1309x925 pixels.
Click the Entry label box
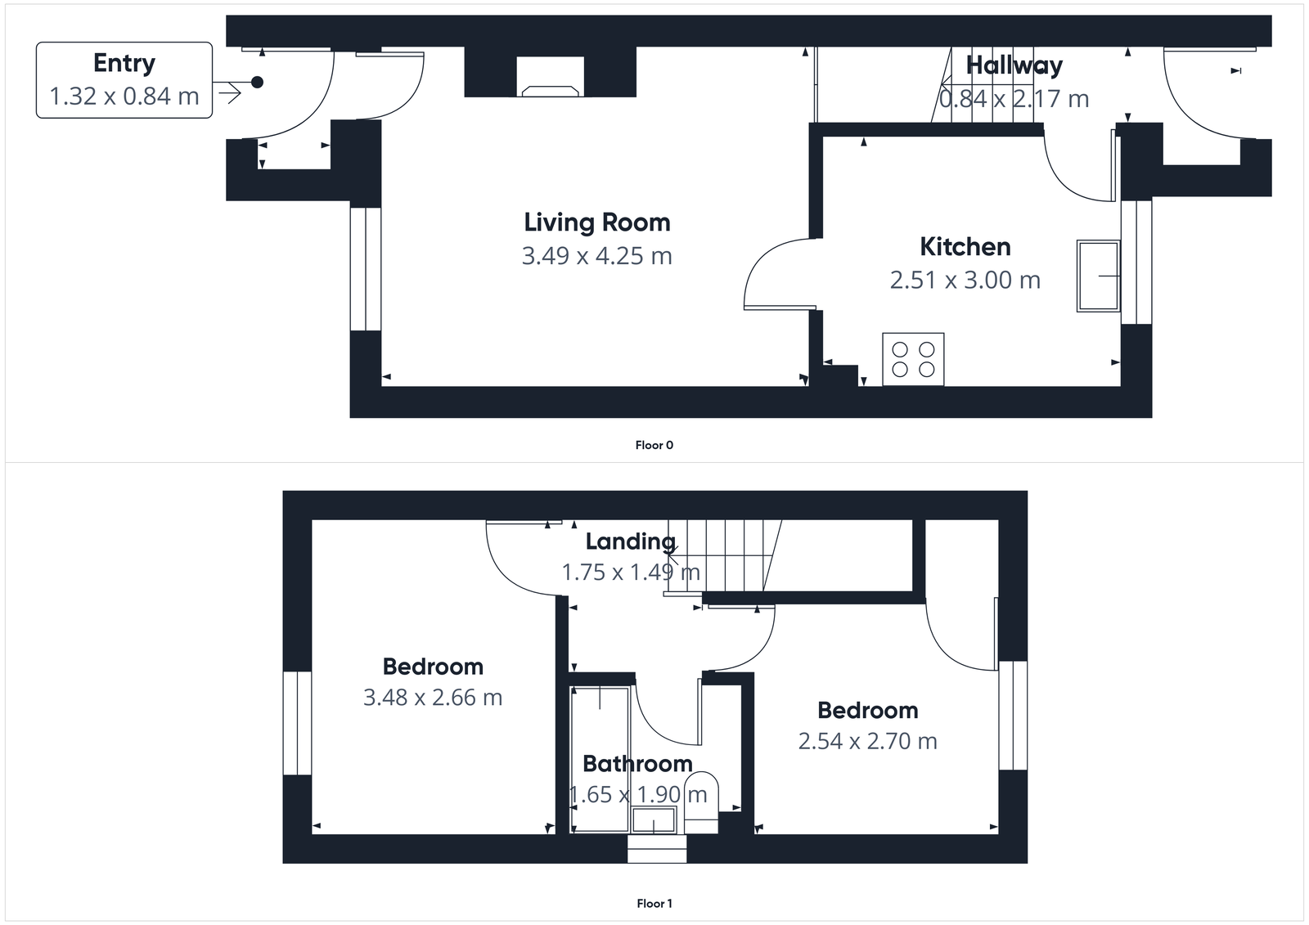(124, 80)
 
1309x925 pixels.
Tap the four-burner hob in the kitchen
(913, 359)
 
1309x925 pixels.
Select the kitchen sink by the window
(1098, 276)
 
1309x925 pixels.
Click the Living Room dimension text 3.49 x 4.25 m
(596, 256)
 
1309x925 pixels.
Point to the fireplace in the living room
(551, 79)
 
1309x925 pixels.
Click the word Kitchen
(965, 246)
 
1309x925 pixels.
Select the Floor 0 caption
(654, 445)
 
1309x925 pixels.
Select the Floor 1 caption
(654, 903)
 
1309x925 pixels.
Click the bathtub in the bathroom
(600, 757)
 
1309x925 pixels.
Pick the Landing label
(630, 541)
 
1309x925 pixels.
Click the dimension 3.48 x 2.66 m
(432, 698)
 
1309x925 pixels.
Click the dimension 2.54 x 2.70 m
(867, 741)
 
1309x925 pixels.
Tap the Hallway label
(1014, 65)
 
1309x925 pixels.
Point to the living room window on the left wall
(365, 269)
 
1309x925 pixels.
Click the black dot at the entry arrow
(257, 82)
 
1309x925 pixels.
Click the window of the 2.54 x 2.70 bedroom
(1012, 715)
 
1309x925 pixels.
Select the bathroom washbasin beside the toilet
(654, 819)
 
